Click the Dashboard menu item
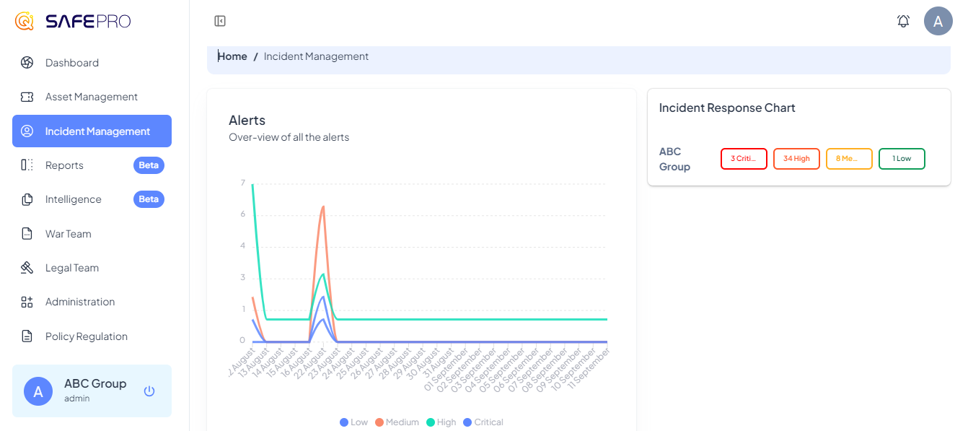(71, 63)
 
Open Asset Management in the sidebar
(91, 97)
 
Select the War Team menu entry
(68, 234)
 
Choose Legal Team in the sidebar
(71, 268)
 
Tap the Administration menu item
(79, 302)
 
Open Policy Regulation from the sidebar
(86, 336)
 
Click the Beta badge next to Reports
(149, 165)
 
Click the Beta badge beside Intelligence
(149, 199)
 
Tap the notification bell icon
(903, 22)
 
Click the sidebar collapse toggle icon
(220, 22)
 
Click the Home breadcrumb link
(232, 56)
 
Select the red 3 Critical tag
(744, 159)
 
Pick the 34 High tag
(796, 159)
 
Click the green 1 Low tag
(902, 159)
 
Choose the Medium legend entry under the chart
(397, 422)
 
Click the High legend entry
(441, 422)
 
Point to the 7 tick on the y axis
(242, 183)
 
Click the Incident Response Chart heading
(727, 108)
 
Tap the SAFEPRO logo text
(88, 22)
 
